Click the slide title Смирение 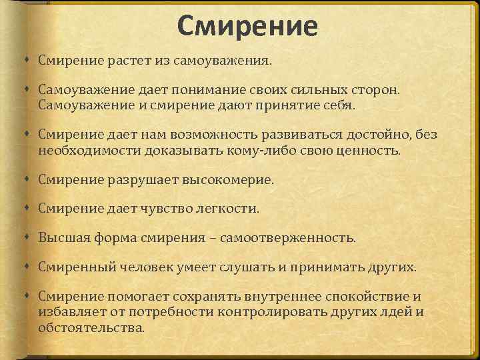[x=247, y=26]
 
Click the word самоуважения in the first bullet [x=223, y=61]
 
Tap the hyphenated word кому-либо [x=241, y=150]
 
